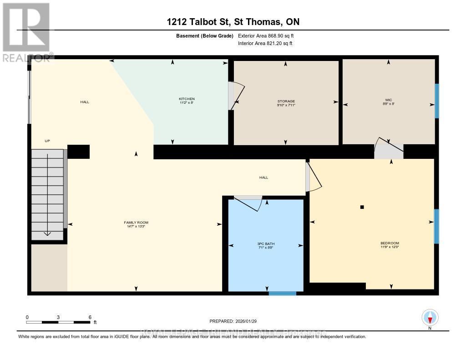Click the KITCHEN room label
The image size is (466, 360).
click(187, 99)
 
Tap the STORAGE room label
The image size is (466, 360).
click(286, 101)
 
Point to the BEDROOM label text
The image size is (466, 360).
click(390, 243)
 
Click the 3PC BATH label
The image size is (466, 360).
click(266, 243)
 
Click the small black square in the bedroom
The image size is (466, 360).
click(362, 207)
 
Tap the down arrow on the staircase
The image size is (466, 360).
click(47, 233)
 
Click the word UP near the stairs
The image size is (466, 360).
click(47, 141)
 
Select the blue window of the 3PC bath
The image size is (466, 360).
click(282, 294)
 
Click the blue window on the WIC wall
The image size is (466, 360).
click(436, 101)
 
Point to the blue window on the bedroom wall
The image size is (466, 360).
click(436, 226)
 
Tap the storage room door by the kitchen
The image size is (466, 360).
click(236, 96)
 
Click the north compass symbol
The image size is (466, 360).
click(430, 317)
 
